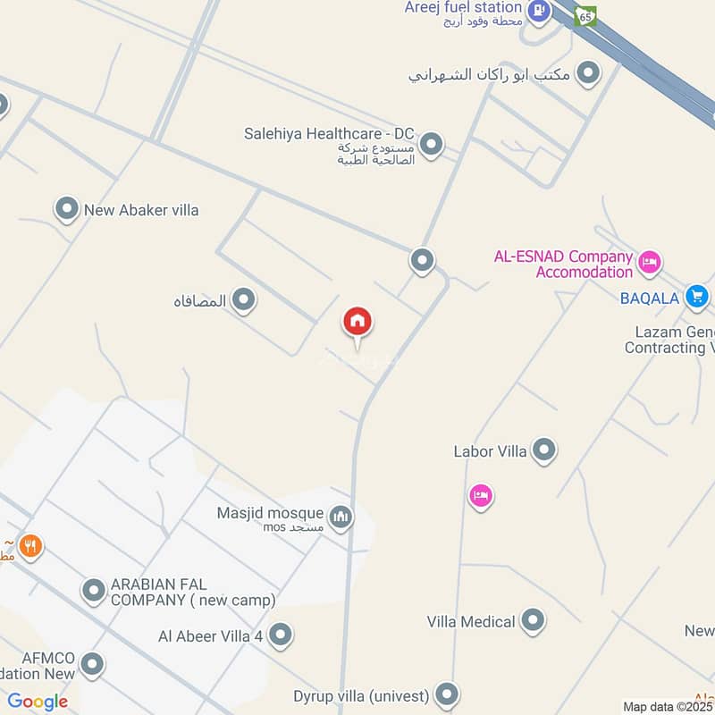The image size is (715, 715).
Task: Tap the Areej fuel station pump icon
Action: (538, 11)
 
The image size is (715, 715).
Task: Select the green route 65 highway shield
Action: (585, 15)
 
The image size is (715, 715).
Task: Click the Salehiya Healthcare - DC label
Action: (329, 134)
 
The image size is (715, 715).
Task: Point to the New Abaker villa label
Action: (141, 211)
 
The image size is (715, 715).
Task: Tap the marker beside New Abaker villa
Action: (67, 210)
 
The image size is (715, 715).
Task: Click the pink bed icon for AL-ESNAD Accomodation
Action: (650, 262)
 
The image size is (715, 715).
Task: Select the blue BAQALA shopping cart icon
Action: (697, 297)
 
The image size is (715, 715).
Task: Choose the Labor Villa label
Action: (490, 451)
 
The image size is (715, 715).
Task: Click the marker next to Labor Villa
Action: (543, 450)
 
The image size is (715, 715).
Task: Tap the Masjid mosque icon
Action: (341, 516)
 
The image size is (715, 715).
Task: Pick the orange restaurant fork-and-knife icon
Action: (31, 545)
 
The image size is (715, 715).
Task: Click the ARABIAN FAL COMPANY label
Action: (193, 592)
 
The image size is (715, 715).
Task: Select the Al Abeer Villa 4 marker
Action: (281, 635)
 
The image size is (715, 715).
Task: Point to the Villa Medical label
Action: (471, 621)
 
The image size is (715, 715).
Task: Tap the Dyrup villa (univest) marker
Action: (447, 694)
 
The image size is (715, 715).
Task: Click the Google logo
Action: (38, 702)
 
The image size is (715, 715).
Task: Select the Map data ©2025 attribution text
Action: (668, 707)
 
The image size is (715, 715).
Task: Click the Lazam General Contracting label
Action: (670, 340)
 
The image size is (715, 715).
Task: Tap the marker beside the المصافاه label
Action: (243, 300)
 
